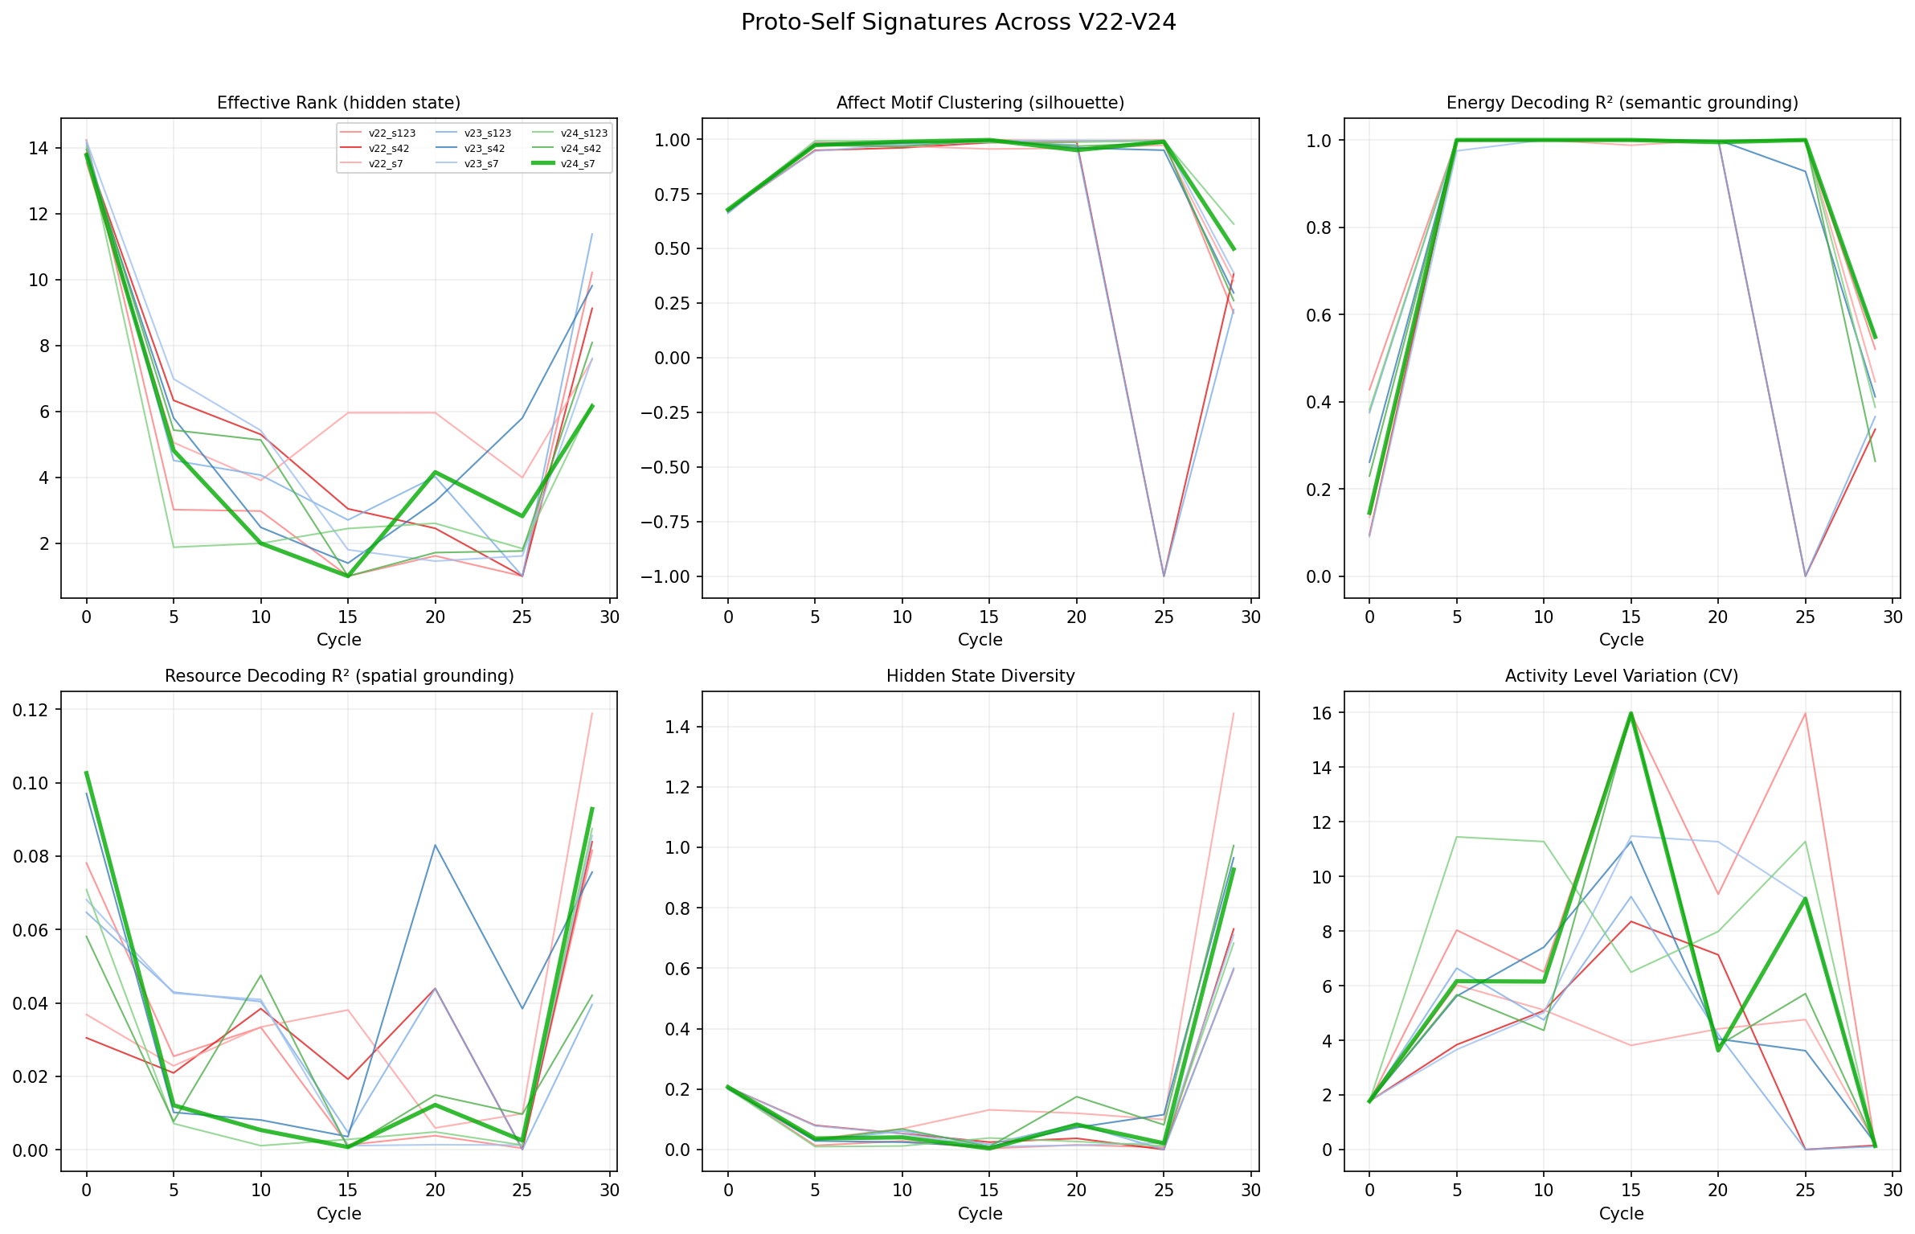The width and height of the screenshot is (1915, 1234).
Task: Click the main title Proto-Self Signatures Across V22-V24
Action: coord(958,23)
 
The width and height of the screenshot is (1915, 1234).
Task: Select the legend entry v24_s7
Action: coord(577,163)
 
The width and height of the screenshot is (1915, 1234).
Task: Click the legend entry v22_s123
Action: coord(391,133)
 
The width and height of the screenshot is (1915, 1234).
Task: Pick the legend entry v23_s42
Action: coord(485,149)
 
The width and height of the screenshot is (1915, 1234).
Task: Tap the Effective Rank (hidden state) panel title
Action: coord(338,103)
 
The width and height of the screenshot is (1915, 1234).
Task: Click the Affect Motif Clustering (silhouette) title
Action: coord(980,103)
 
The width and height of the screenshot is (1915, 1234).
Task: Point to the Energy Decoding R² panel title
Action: coord(1622,103)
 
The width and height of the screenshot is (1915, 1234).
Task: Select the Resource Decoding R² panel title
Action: coord(338,676)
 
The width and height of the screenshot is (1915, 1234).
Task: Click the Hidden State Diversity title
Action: coord(980,676)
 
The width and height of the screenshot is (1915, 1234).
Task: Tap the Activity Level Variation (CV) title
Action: coord(1622,676)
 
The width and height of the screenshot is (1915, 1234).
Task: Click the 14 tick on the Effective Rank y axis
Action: coord(38,148)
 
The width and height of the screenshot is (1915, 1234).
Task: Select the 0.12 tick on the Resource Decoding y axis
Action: coord(29,710)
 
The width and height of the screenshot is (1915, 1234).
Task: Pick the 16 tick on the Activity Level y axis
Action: coord(1322,713)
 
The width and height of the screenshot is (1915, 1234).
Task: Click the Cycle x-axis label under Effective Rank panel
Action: coord(338,640)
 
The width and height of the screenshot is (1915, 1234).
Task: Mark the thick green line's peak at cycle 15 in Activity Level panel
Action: coord(1631,713)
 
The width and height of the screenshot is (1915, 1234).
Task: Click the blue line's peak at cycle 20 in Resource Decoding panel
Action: coord(435,845)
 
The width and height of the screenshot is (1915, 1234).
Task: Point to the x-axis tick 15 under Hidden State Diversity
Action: coord(988,1190)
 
